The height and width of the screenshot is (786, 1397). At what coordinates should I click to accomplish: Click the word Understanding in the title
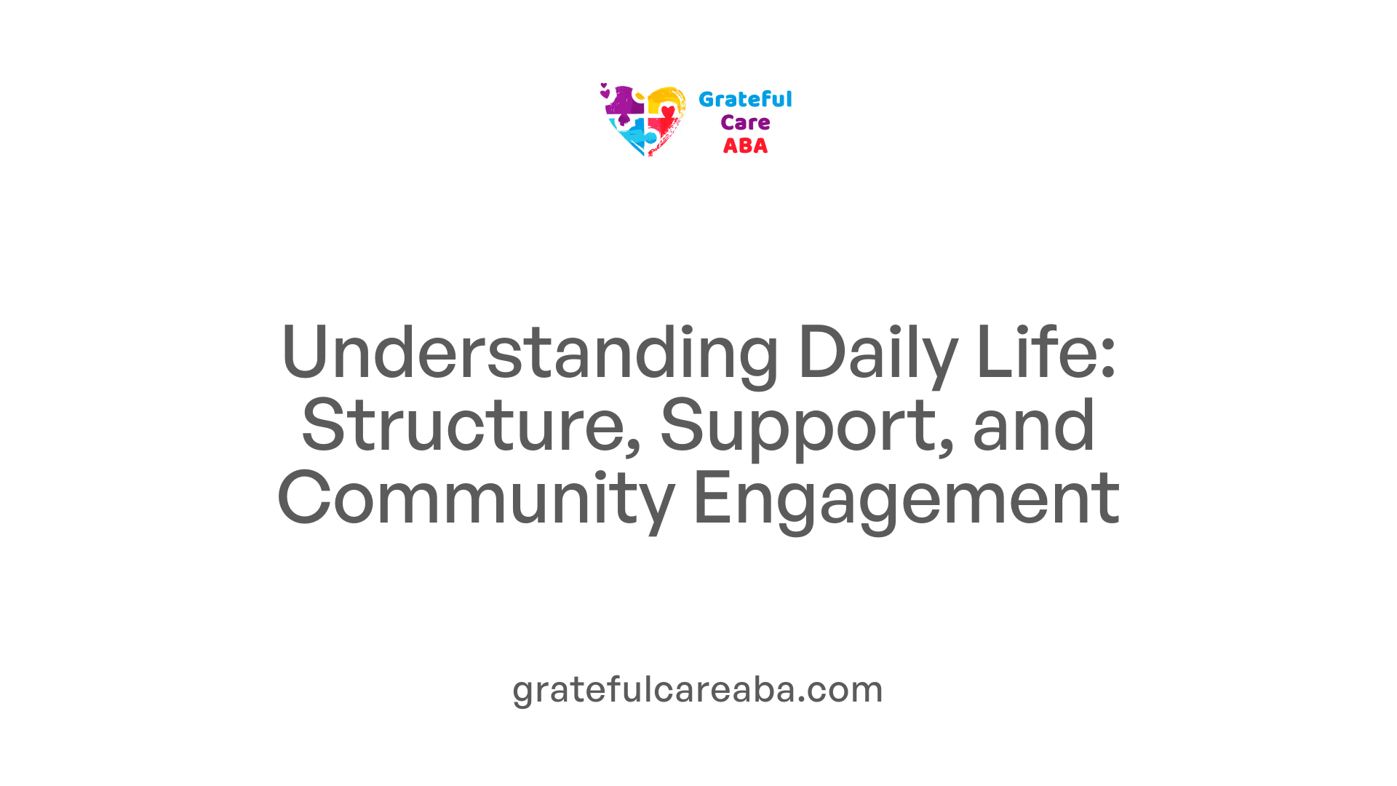click(530, 352)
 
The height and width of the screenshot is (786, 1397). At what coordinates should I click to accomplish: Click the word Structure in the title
click(466, 425)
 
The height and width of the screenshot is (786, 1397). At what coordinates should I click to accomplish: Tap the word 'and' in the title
click(1033, 425)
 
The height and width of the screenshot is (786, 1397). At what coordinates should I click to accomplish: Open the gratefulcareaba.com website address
click(698, 689)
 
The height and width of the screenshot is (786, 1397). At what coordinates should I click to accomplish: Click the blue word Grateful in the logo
click(745, 100)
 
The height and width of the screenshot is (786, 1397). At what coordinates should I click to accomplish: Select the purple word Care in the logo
click(745, 122)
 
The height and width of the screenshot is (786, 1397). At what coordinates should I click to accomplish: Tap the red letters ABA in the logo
click(745, 146)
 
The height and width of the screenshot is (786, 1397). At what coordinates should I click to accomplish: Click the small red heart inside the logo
click(668, 111)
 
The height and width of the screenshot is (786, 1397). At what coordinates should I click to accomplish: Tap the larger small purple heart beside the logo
click(605, 93)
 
